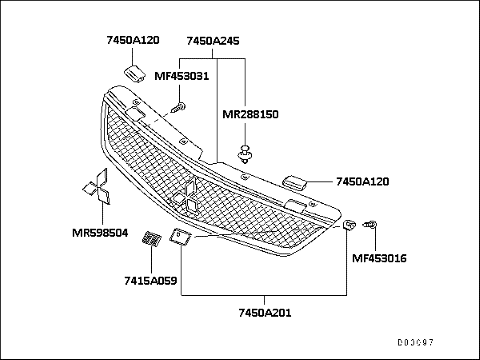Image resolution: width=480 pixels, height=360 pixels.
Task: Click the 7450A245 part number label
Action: click(212, 43)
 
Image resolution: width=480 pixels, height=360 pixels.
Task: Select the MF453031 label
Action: click(181, 75)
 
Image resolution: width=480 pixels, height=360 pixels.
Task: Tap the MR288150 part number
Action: click(250, 115)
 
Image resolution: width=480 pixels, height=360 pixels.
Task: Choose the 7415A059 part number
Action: click(151, 281)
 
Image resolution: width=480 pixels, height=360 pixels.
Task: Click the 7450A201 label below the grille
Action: click(264, 313)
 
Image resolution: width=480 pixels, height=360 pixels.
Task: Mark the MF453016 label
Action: click(378, 257)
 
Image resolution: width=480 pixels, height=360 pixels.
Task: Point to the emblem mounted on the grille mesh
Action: click(188, 197)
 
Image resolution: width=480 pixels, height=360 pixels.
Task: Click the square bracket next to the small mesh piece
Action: click(182, 237)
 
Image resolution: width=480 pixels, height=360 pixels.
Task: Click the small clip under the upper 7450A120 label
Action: click(133, 73)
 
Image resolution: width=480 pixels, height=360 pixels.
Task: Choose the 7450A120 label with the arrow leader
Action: click(363, 182)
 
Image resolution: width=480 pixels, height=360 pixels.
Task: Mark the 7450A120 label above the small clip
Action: click(133, 43)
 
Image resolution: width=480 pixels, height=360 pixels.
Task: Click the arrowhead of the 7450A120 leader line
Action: click(316, 182)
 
